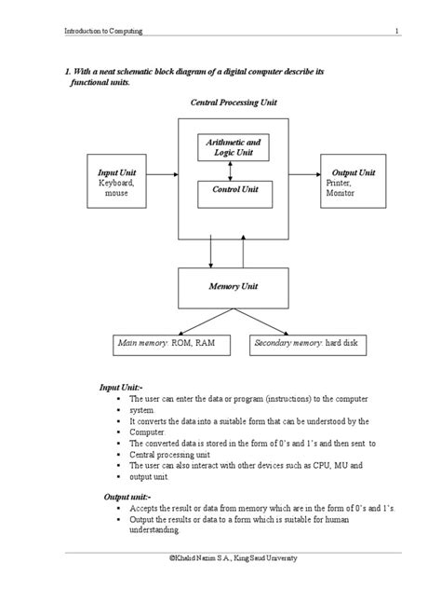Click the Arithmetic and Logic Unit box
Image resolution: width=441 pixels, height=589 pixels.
tap(234, 147)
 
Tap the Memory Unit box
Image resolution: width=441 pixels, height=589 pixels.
tap(232, 287)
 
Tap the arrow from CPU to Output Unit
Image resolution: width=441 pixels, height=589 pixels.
tap(304, 173)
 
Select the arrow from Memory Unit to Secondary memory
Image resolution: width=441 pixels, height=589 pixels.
tap(265, 321)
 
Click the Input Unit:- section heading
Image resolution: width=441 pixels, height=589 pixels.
tap(121, 387)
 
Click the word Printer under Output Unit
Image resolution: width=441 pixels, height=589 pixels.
tap(338, 184)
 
